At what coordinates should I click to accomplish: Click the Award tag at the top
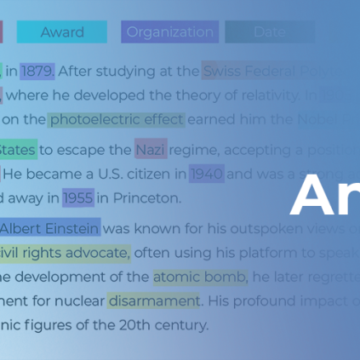(62, 32)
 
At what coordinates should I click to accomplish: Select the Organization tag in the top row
(169, 32)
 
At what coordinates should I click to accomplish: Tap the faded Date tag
(269, 32)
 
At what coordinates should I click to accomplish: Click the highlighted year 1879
(37, 71)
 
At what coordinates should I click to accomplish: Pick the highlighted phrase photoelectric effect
(116, 119)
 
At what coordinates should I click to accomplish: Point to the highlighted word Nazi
(151, 150)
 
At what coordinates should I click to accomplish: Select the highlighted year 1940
(207, 174)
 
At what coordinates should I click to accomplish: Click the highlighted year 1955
(77, 197)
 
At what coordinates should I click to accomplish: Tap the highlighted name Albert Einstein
(49, 228)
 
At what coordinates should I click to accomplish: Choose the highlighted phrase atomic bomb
(200, 277)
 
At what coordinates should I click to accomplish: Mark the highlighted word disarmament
(153, 300)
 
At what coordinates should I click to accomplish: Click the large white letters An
(324, 197)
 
